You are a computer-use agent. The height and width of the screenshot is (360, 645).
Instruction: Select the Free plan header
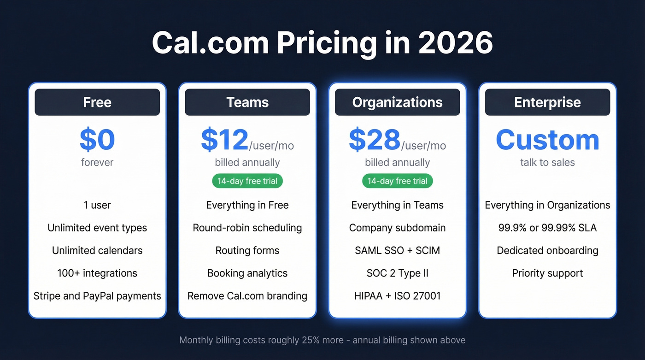pos(97,102)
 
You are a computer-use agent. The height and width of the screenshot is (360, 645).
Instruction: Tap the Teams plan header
pos(247,102)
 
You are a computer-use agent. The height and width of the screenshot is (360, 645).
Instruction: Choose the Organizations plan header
pos(397,102)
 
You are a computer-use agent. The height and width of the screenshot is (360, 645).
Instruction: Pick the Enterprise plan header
pos(547,102)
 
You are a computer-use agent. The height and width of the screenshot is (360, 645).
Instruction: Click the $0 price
pos(97,140)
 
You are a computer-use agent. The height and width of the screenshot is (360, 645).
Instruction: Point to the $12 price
pos(225,141)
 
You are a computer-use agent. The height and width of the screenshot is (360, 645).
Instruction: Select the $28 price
pos(375,141)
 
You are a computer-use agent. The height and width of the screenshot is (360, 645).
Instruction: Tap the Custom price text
pos(547,140)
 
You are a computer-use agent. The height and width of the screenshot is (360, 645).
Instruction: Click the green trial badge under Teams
pos(247,181)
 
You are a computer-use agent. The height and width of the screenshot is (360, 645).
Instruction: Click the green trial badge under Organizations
pos(397,181)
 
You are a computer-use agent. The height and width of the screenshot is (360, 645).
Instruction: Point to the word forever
pos(97,162)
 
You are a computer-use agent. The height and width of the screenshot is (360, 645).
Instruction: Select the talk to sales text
pos(547,162)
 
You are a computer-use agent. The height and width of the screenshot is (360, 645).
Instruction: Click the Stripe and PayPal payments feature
pos(97,296)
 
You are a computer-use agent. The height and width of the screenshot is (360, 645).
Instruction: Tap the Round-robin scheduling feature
pos(247,228)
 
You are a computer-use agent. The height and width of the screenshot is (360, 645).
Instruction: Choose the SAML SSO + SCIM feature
pos(397,251)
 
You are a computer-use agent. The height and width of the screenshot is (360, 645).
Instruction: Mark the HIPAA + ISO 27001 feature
pos(397,296)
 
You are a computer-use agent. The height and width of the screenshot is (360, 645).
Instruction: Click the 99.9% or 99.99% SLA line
pos(547,228)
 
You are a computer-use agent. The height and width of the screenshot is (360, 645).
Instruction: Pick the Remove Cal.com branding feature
pos(247,296)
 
